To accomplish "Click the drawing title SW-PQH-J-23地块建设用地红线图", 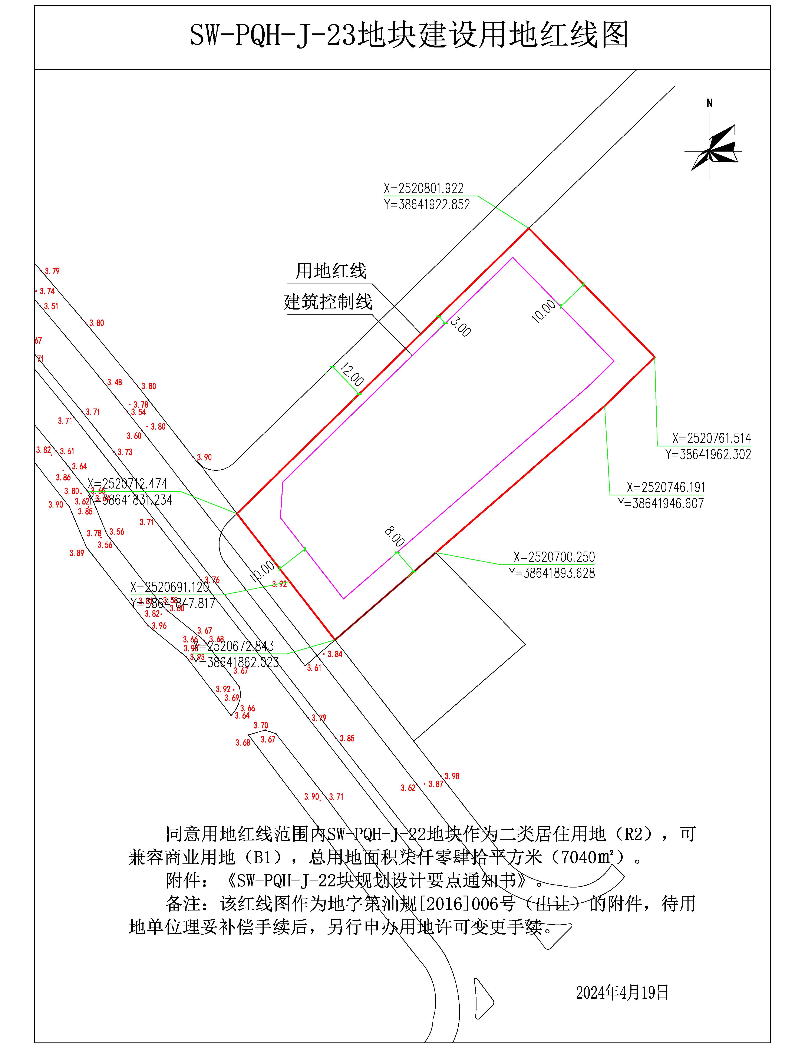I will point(409,35).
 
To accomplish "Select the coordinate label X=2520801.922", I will point(424,188).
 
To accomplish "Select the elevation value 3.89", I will point(77,553).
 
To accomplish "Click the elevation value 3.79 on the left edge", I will point(52,271).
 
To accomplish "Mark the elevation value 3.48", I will point(115,382).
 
